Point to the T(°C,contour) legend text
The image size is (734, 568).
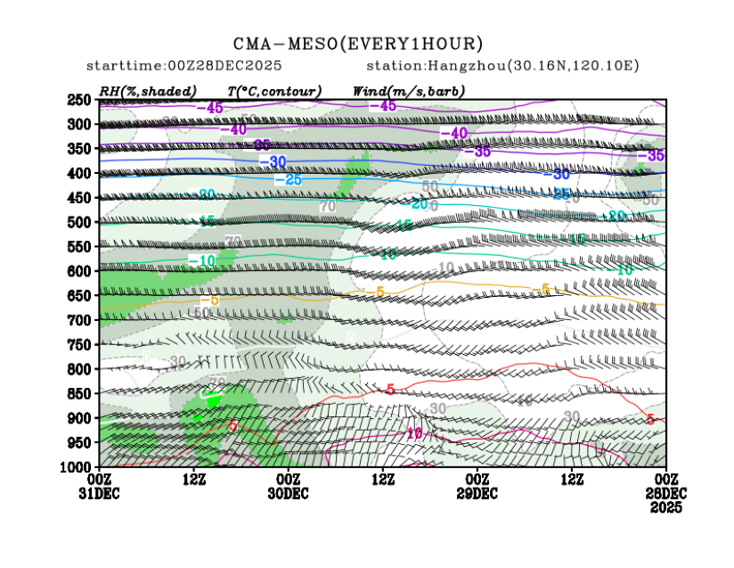click(x=274, y=91)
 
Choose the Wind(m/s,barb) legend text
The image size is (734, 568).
click(x=409, y=91)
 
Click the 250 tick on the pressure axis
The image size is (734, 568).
click(x=80, y=100)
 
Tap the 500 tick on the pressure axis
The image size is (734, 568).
click(x=80, y=222)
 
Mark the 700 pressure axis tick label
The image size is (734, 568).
click(x=80, y=319)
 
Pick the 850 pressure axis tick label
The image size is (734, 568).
click(x=80, y=393)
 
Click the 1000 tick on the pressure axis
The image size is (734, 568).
click(x=78, y=466)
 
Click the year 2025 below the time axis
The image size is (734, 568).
click(x=665, y=507)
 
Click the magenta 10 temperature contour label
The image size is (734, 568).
click(x=414, y=433)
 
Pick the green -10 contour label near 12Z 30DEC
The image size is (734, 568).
click(x=201, y=260)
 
